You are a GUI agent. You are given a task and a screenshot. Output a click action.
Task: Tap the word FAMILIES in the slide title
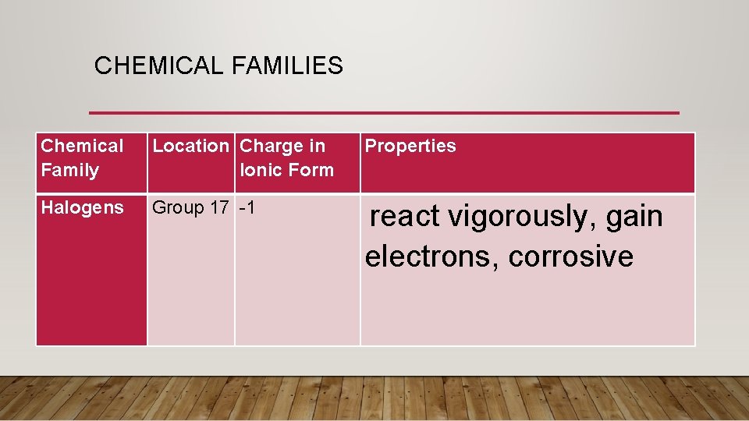coord(287,66)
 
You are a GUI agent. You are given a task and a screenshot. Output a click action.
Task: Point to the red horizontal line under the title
coord(384,113)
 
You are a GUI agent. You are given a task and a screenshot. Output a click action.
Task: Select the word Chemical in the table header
coord(82,146)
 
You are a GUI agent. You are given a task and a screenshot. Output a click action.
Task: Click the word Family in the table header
coord(69,170)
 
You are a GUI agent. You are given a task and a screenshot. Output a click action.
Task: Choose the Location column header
coord(190,146)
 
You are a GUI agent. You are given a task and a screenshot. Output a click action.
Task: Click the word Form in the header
coord(311,170)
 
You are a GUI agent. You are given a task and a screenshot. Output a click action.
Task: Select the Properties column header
coord(410,146)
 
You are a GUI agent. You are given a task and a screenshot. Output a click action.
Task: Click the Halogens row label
coord(82,207)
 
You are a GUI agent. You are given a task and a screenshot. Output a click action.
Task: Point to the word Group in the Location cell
coord(177,207)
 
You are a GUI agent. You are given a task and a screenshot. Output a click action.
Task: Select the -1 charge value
coord(248,207)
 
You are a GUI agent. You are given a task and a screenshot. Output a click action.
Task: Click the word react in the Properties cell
coord(404,217)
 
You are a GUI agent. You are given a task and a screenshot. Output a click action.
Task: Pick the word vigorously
coord(521,218)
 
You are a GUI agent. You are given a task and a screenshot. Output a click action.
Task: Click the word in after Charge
coord(318,146)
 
